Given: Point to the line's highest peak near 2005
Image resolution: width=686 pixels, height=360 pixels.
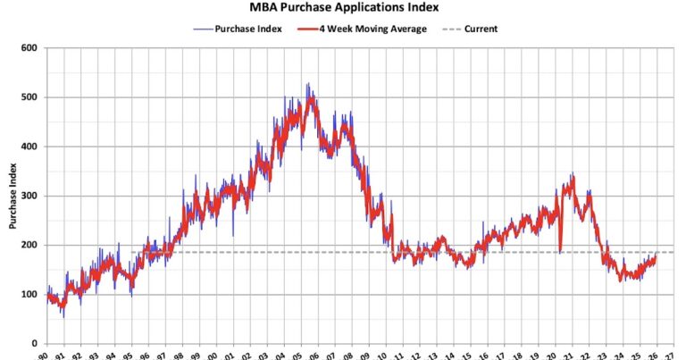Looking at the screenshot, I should (x=308, y=85).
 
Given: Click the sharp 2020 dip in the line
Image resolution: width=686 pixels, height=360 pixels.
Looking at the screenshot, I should (x=560, y=252).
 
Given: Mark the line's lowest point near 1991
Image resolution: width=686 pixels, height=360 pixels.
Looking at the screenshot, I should (x=63, y=316).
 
